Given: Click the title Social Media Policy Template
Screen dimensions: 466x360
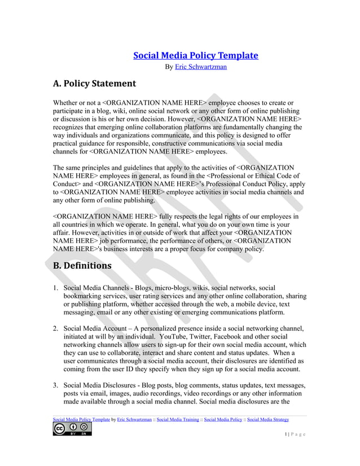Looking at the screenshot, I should (195, 55).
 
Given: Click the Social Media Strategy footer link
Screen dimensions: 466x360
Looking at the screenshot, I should (268, 420).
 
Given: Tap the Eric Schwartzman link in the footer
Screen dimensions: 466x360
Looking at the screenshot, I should (135, 420).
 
